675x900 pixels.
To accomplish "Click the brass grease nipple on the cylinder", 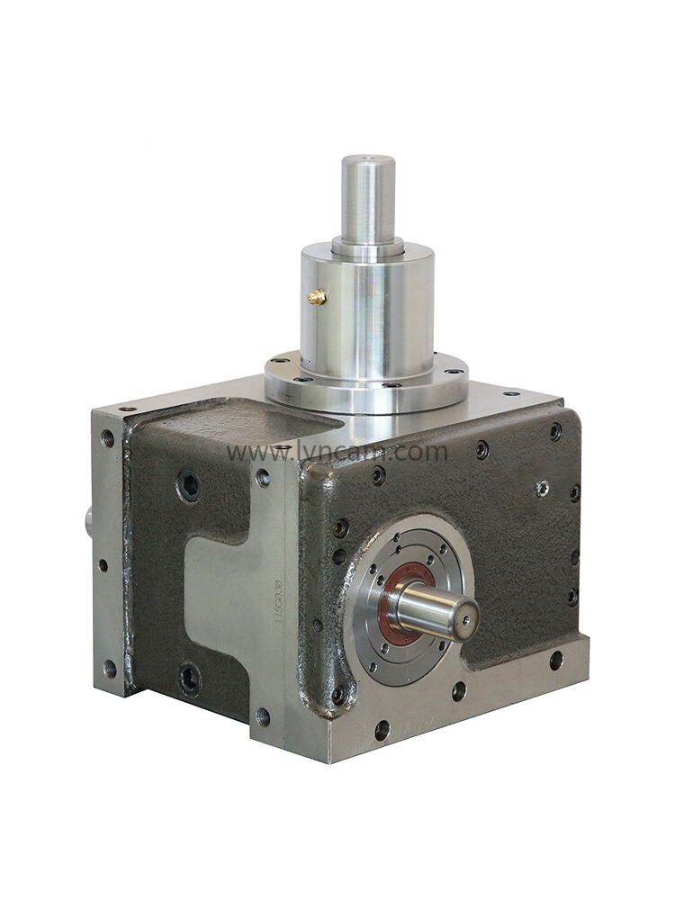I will (315, 296).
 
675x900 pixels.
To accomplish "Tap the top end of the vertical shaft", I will (367, 161).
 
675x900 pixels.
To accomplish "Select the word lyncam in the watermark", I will (343, 452).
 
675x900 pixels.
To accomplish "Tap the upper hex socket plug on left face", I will (189, 487).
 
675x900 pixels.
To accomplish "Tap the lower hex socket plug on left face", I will (189, 678).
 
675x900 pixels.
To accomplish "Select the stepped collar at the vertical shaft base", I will (366, 245).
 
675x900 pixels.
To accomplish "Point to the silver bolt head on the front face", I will (542, 488).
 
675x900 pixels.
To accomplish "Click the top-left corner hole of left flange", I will (108, 438).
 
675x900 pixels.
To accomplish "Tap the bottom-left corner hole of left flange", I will (109, 668).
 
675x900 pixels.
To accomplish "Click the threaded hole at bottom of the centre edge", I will (263, 716).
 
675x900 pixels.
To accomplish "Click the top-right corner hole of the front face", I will (556, 431).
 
